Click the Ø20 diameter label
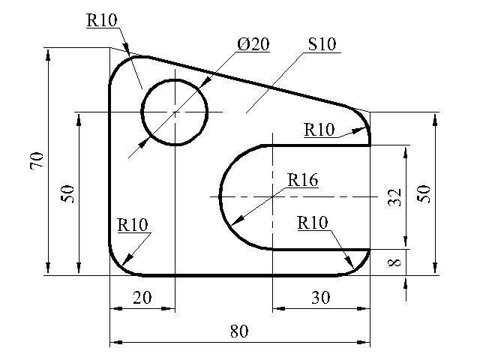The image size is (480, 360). coord(253,44)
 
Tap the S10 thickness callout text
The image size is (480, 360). coord(322,44)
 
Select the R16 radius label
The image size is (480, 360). coord(303,180)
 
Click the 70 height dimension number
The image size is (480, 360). coord(37,160)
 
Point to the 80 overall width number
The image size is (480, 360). coord(239,331)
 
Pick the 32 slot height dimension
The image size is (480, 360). coord(394,197)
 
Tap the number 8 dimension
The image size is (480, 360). coord(394,262)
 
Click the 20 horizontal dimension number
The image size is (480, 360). coord(142,298)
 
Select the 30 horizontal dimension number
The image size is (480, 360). coord(321,298)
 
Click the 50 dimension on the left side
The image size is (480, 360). coord(67,194)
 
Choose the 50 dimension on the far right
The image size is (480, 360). coord(423,193)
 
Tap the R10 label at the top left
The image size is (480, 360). coord(102,20)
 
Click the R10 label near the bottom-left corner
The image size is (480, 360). coord(133,225)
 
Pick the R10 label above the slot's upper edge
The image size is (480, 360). coord(319,130)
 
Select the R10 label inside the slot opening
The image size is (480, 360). coord(313,223)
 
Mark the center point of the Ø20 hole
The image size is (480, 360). coord(175,112)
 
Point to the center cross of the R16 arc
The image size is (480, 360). coord(272,196)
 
